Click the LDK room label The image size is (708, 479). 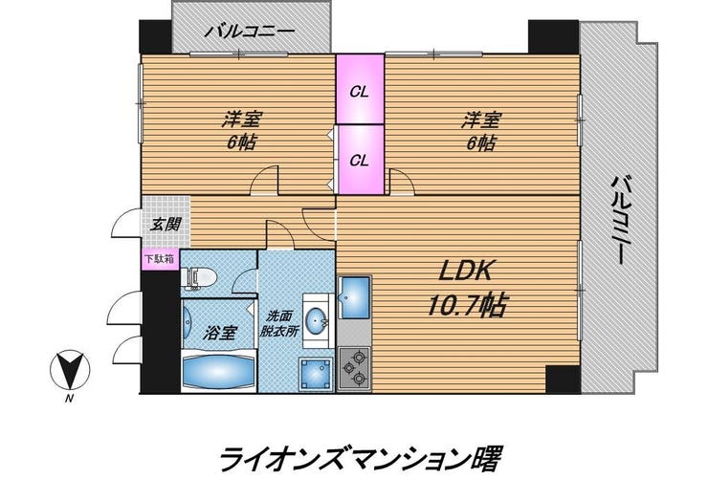click(466, 271)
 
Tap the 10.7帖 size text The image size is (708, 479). click(466, 305)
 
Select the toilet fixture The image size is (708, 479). click(198, 276)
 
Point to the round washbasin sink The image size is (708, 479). click(317, 320)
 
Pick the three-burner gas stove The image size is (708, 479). click(354, 367)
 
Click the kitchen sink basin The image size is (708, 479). click(354, 297)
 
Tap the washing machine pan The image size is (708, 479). click(317, 374)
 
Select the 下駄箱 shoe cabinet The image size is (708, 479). click(160, 259)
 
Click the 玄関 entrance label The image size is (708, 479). click(166, 224)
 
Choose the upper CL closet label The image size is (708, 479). click(360, 93)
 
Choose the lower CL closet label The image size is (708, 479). click(360, 161)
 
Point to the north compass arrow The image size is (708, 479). click(70, 369)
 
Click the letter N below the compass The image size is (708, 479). click(69, 399)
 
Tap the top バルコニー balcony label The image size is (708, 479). click(250, 32)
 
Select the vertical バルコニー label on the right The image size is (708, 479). click(623, 220)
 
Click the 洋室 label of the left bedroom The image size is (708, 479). click(242, 120)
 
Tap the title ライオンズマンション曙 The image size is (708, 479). click(360, 459)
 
